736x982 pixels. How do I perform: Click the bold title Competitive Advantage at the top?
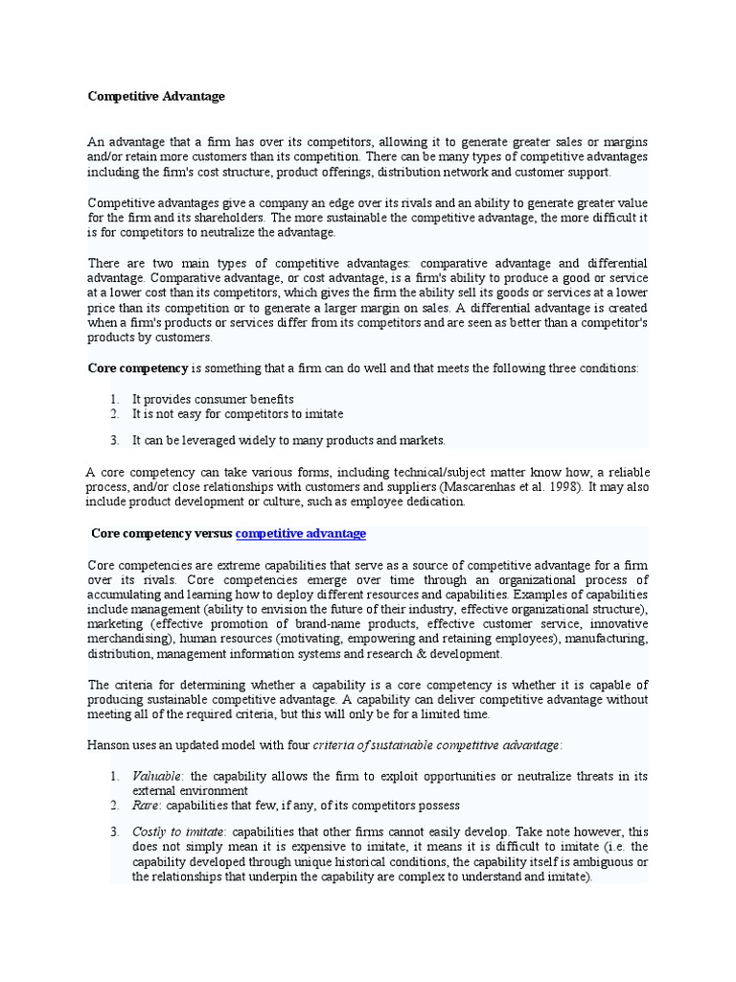click(156, 96)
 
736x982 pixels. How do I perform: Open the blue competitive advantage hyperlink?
click(300, 533)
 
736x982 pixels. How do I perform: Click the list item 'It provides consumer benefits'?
click(213, 399)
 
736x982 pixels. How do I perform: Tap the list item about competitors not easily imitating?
click(237, 413)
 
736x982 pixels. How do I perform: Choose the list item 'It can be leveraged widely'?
click(288, 440)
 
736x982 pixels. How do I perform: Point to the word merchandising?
click(131, 639)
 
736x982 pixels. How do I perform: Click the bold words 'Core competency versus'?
click(161, 533)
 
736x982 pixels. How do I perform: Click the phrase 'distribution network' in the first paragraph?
click(437, 172)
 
